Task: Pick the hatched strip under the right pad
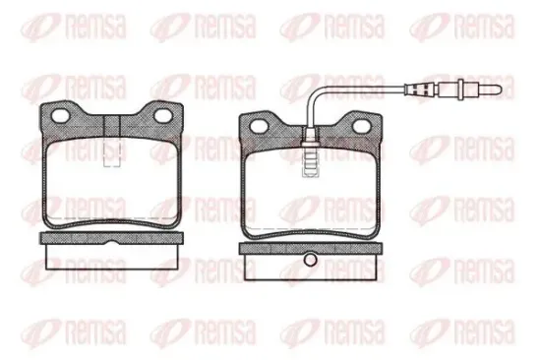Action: [312, 246]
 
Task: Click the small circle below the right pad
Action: [312, 261]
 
